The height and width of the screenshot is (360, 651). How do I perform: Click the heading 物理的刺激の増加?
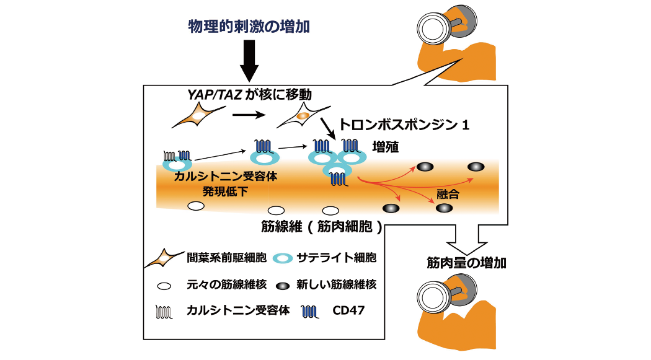click(x=249, y=27)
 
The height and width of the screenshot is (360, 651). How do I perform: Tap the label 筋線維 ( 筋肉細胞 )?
click(x=321, y=227)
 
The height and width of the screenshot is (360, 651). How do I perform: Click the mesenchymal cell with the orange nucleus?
click(x=301, y=116)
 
